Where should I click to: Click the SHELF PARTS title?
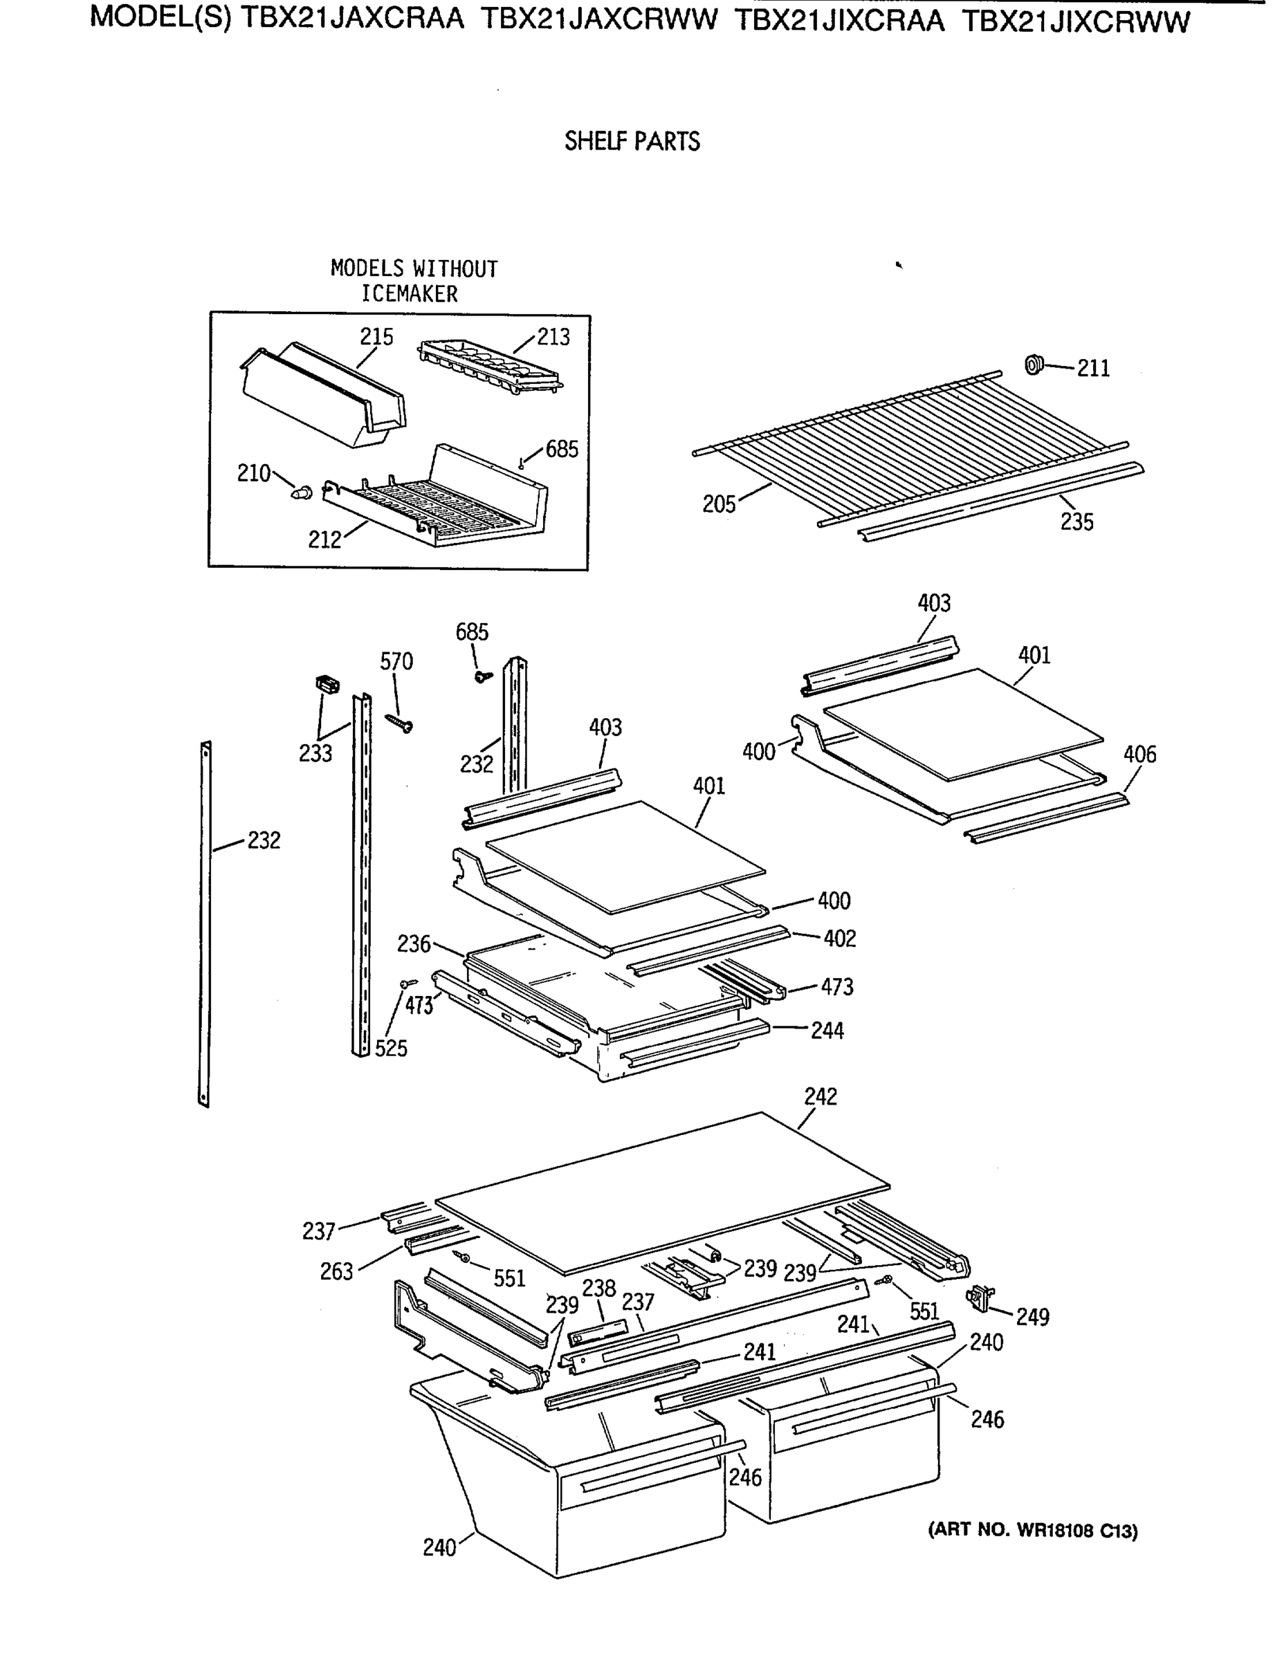(x=632, y=142)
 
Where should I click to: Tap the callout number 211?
(x=1092, y=368)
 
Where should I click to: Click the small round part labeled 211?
(x=1033, y=365)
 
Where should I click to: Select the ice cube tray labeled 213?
(x=490, y=367)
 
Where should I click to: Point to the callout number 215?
(x=376, y=336)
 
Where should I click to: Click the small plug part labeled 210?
(x=302, y=492)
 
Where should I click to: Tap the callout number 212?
(x=324, y=539)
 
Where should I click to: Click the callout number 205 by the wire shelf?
(x=718, y=504)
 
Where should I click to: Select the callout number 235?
(x=1076, y=522)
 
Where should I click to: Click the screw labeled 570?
(x=399, y=723)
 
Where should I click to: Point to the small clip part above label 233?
(x=327, y=685)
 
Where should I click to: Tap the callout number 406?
(x=1139, y=754)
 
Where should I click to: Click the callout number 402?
(x=840, y=939)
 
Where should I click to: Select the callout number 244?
(x=827, y=1031)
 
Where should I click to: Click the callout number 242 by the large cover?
(x=820, y=1096)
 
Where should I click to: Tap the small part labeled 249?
(x=980, y=1298)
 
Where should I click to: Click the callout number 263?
(x=336, y=1271)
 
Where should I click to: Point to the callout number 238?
(x=598, y=1288)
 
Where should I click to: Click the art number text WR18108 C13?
(x=1032, y=1531)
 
